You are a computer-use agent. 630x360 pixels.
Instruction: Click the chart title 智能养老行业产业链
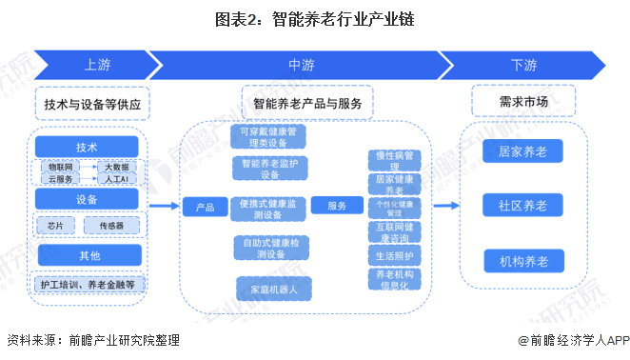coord(314,18)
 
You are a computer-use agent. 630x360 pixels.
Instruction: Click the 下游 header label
coord(522,65)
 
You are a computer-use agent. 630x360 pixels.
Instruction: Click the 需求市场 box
coord(522,100)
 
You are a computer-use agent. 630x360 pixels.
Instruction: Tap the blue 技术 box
coord(88,146)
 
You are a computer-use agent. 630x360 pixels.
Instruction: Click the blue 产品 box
coord(205,207)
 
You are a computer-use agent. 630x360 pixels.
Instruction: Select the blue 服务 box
coord(337,207)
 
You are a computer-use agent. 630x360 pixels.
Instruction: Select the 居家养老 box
coord(522,150)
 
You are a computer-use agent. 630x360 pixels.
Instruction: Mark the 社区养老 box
coord(522,206)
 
